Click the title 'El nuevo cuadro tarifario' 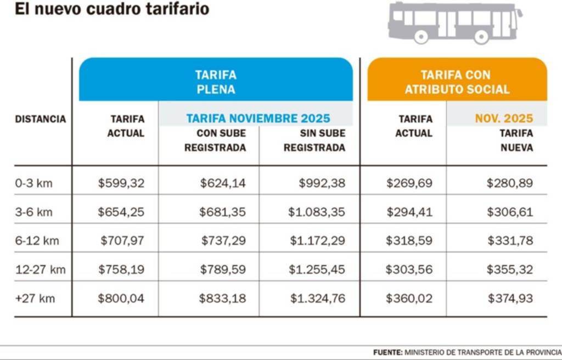112,9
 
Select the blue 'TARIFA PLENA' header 216,82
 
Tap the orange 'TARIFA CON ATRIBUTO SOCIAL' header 457,82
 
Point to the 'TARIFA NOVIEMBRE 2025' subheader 258,119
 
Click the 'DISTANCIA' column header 40,119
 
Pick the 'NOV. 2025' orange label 504,119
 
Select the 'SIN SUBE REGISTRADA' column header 314,140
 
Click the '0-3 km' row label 33,183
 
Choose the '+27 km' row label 35,299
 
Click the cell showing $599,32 121,183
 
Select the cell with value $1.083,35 317,212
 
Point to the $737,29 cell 223,241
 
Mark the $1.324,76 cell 317,299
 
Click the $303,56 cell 409,269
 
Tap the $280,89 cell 509,183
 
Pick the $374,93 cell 510,299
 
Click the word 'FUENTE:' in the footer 387,352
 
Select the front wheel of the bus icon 481,37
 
